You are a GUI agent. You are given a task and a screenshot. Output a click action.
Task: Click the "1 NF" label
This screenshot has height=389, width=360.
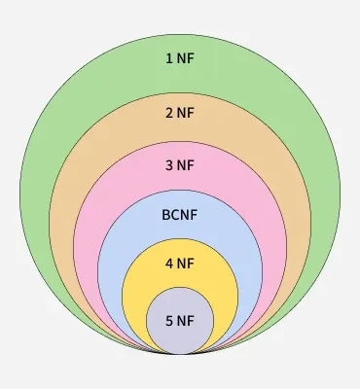(x=180, y=58)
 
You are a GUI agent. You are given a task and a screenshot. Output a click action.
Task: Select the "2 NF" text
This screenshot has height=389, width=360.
(x=180, y=112)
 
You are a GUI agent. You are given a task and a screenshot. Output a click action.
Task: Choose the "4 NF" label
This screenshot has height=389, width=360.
(x=180, y=264)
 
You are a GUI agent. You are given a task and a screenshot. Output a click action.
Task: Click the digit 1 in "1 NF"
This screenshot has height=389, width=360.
(x=169, y=58)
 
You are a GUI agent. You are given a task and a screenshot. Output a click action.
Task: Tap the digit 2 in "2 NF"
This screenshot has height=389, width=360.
(x=169, y=112)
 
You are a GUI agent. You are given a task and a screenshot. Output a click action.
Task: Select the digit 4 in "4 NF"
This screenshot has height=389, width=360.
(x=169, y=264)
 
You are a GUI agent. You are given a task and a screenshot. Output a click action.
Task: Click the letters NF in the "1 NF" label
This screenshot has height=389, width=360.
(x=186, y=58)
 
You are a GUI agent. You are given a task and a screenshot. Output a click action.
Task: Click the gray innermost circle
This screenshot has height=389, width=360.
(x=180, y=336)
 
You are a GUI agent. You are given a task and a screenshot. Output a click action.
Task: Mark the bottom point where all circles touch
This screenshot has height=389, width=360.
(x=180, y=353)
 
